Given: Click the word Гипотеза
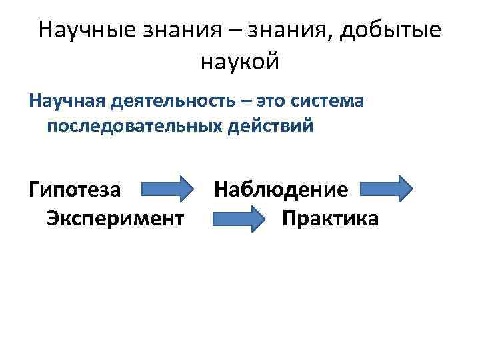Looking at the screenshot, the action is pyautogui.click(x=75, y=189).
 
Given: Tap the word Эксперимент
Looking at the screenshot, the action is pyautogui.click(x=115, y=218).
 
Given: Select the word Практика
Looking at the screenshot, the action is pyautogui.click(x=330, y=218).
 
